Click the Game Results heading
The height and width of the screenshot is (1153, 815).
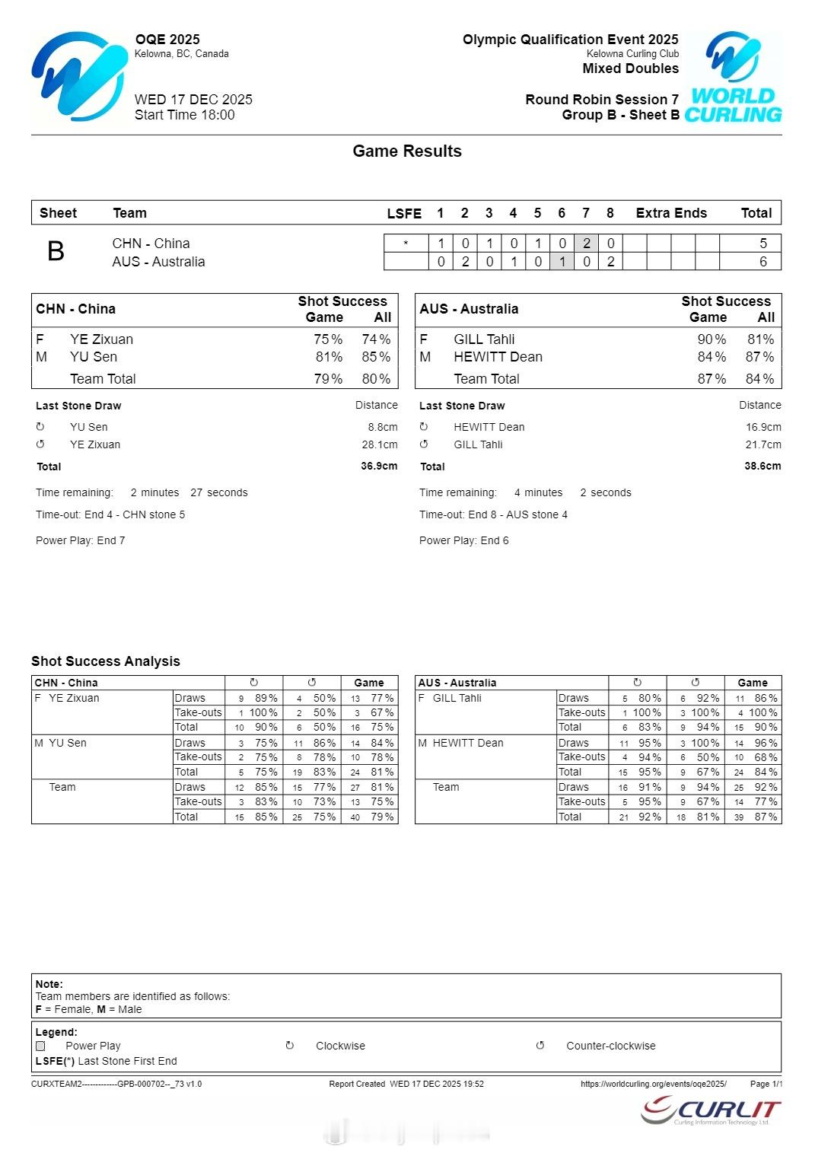click(x=407, y=151)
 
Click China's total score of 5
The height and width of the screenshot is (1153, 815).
click(x=763, y=244)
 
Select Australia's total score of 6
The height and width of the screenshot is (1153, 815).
click(x=763, y=262)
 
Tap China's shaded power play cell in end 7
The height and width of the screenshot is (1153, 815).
click(x=586, y=244)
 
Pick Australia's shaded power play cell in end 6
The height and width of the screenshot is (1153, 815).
click(x=562, y=262)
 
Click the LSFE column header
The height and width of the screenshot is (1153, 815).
click(x=404, y=213)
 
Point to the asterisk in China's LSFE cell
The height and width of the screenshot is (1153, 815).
click(x=406, y=244)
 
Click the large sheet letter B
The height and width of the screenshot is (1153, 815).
click(x=56, y=251)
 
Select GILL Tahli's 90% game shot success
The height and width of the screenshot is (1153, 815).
click(x=712, y=339)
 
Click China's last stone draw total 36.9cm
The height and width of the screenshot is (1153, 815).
click(x=379, y=466)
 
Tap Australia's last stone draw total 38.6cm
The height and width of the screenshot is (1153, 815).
click(x=762, y=466)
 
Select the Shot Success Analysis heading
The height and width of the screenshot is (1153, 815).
click(x=106, y=661)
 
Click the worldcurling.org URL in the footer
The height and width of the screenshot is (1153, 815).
click(x=653, y=1084)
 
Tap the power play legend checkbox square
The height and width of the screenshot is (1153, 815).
click(x=40, y=1046)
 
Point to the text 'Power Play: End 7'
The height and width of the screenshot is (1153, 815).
click(x=81, y=540)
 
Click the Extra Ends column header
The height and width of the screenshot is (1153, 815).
click(x=671, y=213)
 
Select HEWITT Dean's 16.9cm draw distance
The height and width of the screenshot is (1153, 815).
click(x=763, y=427)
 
